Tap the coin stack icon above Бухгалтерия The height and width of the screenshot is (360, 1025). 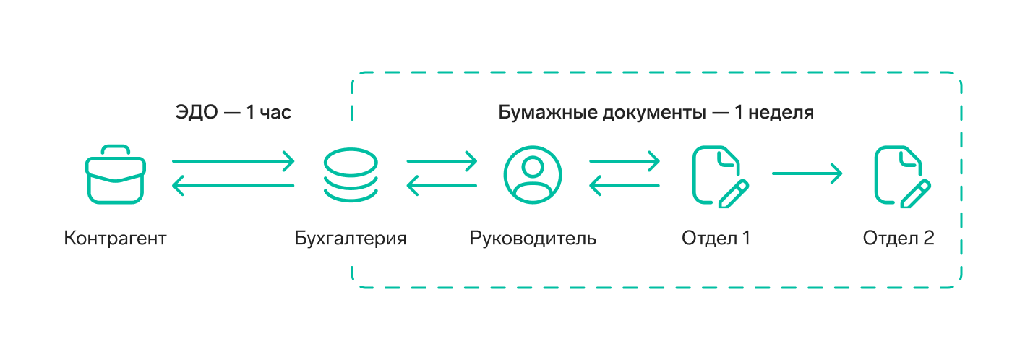pyautogui.click(x=351, y=174)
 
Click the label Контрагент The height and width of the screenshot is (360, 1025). pyautogui.click(x=115, y=238)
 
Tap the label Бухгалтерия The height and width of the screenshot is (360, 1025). pyautogui.click(x=351, y=238)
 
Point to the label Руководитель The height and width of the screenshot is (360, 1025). pyautogui.click(x=533, y=238)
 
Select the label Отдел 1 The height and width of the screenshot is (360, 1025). pyautogui.click(x=716, y=238)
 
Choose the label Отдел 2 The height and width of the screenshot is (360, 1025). pyautogui.click(x=899, y=238)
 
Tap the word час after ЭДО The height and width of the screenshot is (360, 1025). pyautogui.click(x=275, y=113)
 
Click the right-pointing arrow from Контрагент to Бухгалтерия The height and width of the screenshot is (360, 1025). pyautogui.click(x=233, y=160)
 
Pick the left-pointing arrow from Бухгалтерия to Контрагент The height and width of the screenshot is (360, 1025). pyautogui.click(x=233, y=187)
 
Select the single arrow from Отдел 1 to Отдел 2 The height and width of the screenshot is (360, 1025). pyautogui.click(x=807, y=173)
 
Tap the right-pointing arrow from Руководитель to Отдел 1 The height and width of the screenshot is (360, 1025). pyautogui.click(x=625, y=160)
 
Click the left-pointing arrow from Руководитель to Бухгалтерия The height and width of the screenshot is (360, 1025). pyautogui.click(x=442, y=187)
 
